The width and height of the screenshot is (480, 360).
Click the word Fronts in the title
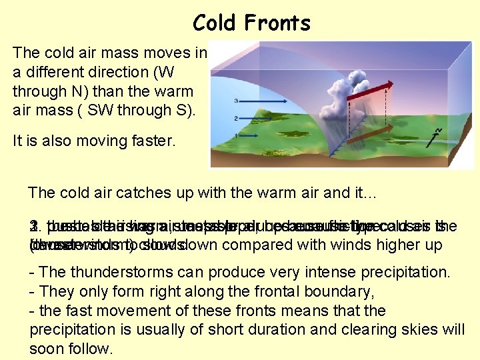(x=279, y=23)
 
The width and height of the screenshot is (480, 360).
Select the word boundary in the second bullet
(x=264, y=291)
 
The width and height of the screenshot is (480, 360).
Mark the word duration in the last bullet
(x=210, y=330)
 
